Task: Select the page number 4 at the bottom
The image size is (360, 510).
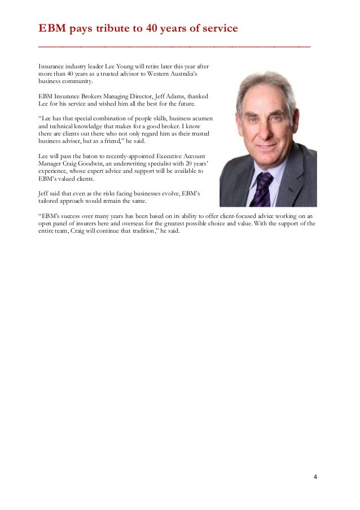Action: [315, 477]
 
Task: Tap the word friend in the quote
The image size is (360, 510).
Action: [113, 141]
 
